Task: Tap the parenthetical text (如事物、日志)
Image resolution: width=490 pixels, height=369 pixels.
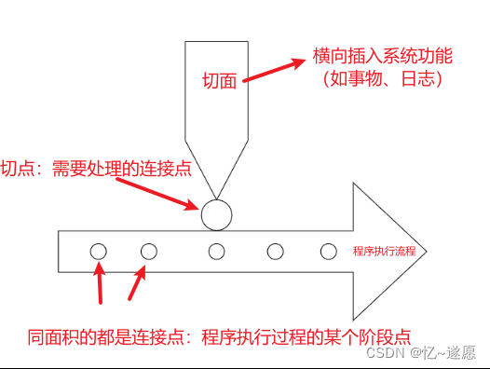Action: coord(381,80)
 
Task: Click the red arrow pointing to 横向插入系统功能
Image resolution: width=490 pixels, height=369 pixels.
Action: coord(275,72)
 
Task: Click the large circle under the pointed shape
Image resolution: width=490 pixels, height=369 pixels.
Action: coord(217,214)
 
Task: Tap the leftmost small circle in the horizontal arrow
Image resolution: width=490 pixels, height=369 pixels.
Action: coord(99,251)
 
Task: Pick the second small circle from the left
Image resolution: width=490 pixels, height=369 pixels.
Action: coord(149,251)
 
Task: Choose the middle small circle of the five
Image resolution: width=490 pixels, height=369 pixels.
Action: coord(217,251)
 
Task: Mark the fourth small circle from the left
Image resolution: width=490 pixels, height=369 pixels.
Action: coord(275,251)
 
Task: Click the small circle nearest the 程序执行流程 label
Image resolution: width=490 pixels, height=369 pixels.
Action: coord(328,251)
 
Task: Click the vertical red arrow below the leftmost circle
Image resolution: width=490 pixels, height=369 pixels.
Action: coord(101,284)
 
